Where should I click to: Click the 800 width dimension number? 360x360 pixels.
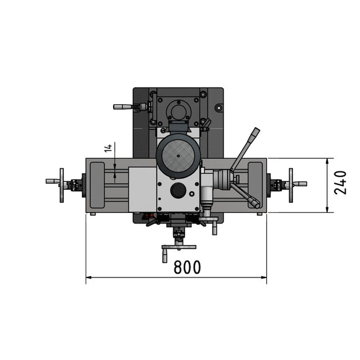pos(187,267)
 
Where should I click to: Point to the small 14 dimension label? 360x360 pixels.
pos(108,148)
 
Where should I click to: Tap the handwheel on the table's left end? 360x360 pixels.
pos(61,185)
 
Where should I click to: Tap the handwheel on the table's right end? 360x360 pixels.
pos(290,185)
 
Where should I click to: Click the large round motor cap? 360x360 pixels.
pos(178,156)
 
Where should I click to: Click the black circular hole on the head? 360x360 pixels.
pos(178,191)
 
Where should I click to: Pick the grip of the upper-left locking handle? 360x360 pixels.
pos(122,107)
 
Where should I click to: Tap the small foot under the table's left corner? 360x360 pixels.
pos(92,214)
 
